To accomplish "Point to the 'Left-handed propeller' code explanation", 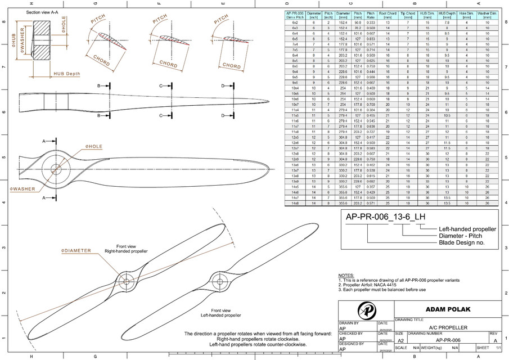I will pyautogui.click(x=467, y=229).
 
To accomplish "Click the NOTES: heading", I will pyautogui.click(x=346, y=275).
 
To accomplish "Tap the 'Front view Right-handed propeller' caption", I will pyautogui.click(x=125, y=249).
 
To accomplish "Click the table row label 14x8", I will pyautogui.click(x=295, y=202).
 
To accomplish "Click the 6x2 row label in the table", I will pyautogui.click(x=295, y=21).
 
